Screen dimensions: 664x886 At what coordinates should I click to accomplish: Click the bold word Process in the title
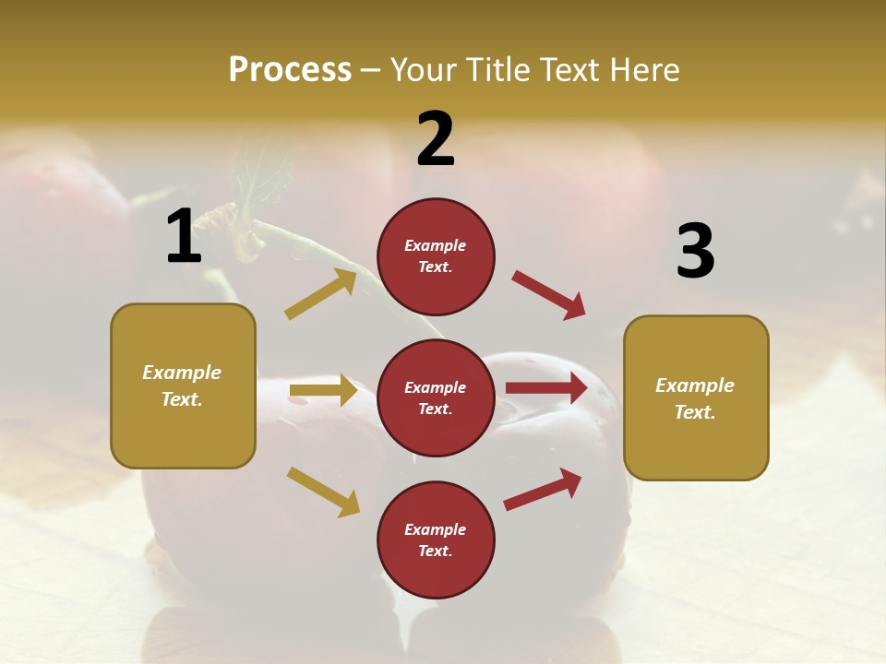coord(290,69)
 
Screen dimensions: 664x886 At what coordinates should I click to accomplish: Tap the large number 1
coord(184,236)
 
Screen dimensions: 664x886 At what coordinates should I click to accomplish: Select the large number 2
coord(436,139)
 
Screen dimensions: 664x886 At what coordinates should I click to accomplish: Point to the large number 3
coord(696,251)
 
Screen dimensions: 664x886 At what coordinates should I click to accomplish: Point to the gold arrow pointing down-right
coord(323,491)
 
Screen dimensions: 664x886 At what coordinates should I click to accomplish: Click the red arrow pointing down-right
coord(549,295)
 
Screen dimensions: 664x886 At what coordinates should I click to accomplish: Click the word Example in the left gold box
coord(182,373)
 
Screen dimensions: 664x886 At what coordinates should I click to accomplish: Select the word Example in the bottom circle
coord(435,529)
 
